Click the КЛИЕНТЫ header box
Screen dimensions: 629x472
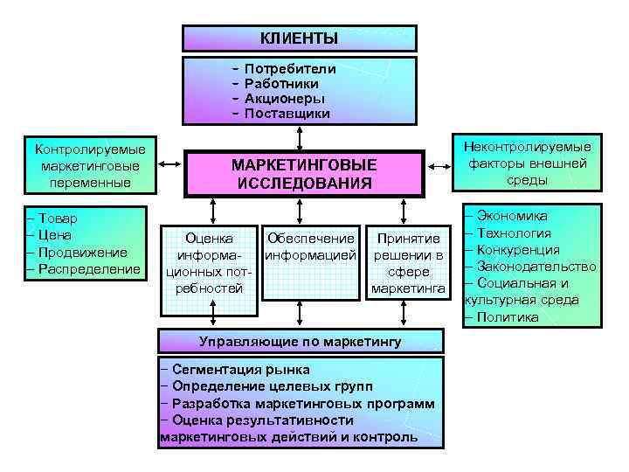299,38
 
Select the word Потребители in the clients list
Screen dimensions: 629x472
290,67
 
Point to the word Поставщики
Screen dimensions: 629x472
287,114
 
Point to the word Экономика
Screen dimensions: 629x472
513,216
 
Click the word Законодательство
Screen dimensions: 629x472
536,266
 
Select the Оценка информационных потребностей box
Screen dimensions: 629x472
210,262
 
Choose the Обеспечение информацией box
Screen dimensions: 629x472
311,246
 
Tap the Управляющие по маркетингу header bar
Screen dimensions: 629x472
300,340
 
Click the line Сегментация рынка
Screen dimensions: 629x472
241,370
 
